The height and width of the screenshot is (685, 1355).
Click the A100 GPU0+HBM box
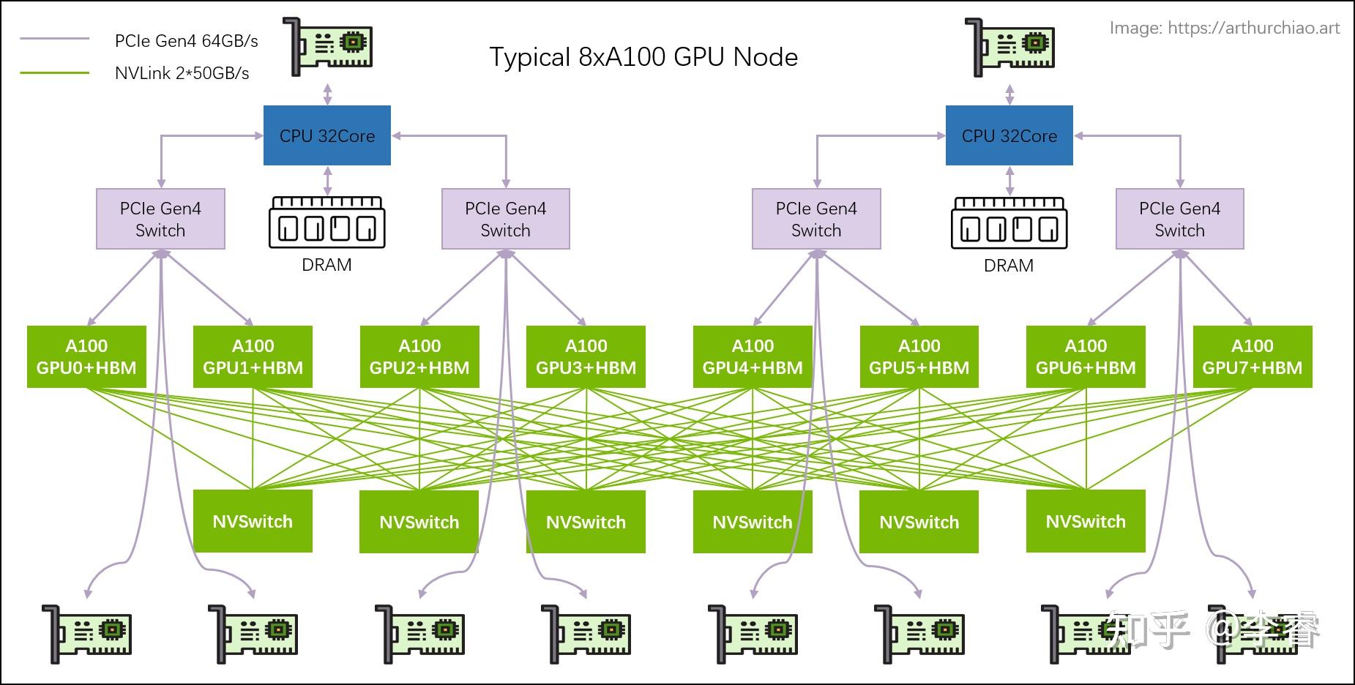click(86, 356)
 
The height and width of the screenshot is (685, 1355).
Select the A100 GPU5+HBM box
click(919, 356)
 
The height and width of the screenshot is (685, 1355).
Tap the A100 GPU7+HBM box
click(1252, 356)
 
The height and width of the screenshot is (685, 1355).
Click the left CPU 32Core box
click(326, 135)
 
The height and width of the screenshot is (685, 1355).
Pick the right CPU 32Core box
click(1009, 135)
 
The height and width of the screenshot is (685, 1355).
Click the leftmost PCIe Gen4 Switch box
click(160, 219)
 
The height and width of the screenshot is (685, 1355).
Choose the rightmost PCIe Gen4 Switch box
click(1179, 219)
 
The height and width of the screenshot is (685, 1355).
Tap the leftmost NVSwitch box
click(253, 521)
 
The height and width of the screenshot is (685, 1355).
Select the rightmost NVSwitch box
click(1085, 521)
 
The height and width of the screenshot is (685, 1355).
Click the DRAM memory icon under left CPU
click(326, 222)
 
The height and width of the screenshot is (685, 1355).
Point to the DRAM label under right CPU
click(1008, 266)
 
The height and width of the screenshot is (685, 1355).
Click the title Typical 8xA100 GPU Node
click(643, 57)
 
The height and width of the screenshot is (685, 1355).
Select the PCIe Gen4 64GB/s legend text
click(186, 41)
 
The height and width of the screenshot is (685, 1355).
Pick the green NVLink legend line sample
click(55, 72)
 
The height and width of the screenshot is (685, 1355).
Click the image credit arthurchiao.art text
click(1224, 28)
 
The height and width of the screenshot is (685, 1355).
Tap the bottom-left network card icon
click(86, 634)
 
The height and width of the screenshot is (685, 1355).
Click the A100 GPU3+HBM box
click(586, 356)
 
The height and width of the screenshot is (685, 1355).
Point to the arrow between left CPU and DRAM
click(327, 180)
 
